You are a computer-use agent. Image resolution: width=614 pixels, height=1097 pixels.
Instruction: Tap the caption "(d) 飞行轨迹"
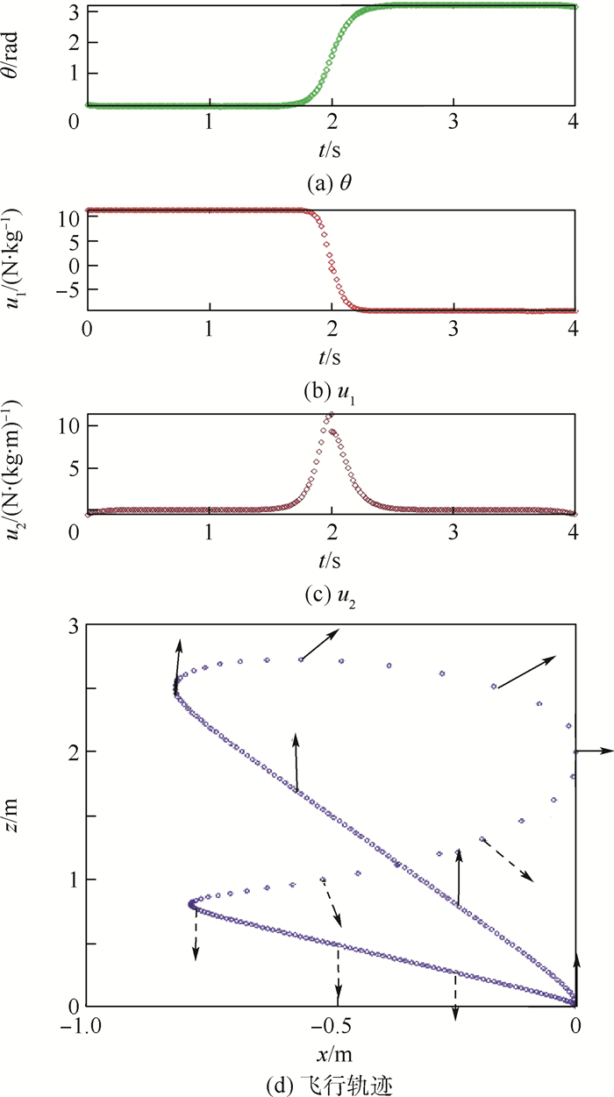click(330, 1077)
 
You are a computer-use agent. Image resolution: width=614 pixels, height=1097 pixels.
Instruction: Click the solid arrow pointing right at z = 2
click(595, 751)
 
